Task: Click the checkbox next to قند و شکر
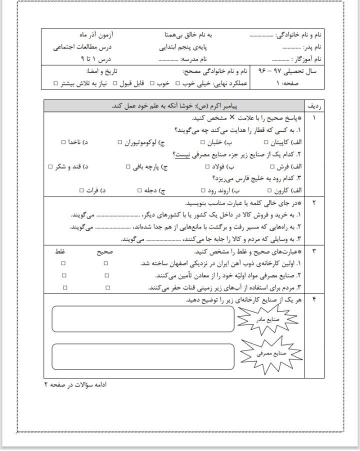(x=51, y=166)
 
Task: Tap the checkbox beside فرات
(x=81, y=190)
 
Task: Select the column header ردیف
(x=314, y=106)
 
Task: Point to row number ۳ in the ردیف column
(x=314, y=251)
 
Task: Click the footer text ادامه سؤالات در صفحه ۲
(x=75, y=384)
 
